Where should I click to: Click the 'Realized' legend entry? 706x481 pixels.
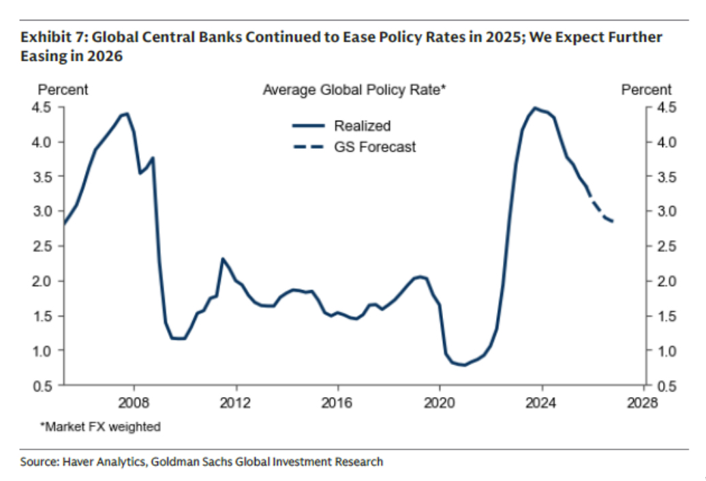[x=362, y=126]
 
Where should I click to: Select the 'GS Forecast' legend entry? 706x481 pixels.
[x=374, y=147]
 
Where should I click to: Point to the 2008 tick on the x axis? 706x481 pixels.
[x=134, y=403]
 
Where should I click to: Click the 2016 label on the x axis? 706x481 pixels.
[x=338, y=403]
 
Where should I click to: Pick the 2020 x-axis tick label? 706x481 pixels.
[x=440, y=403]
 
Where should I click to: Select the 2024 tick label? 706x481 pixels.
[x=542, y=403]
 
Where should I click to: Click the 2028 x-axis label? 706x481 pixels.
[x=643, y=403]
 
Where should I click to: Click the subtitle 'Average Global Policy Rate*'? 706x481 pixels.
[x=354, y=90]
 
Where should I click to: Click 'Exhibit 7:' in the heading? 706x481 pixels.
[x=49, y=37]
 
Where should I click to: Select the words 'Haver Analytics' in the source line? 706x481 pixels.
[x=99, y=462]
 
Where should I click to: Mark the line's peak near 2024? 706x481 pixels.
[x=535, y=108]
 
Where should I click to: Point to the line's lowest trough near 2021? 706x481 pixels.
[x=465, y=365]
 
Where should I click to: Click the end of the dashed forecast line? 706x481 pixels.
[x=613, y=221]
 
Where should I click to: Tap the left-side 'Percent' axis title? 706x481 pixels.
[x=63, y=90]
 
